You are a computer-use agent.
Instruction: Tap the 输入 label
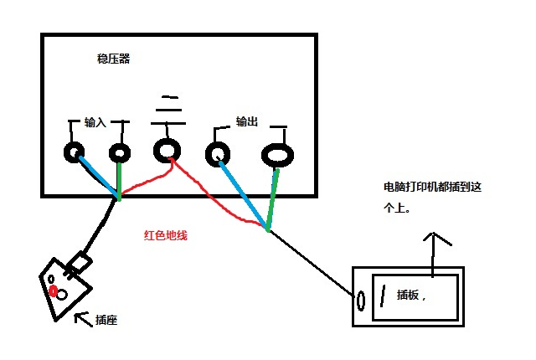pyautogui.click(x=95, y=122)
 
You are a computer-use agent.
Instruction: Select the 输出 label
pyautogui.click(x=247, y=121)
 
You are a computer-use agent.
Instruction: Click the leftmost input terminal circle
pyautogui.click(x=74, y=152)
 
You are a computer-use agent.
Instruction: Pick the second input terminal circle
pyautogui.click(x=120, y=153)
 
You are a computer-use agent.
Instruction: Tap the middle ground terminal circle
pyautogui.click(x=167, y=151)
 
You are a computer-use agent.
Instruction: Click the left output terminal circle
pyautogui.click(x=219, y=153)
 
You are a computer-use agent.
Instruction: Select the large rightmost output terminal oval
pyautogui.click(x=278, y=155)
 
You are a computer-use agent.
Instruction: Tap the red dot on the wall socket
pyautogui.click(x=54, y=291)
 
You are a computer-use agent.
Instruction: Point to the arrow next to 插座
pyautogui.click(x=83, y=317)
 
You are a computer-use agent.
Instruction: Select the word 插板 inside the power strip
pyautogui.click(x=411, y=295)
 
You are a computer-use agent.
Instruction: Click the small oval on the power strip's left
pyautogui.click(x=362, y=300)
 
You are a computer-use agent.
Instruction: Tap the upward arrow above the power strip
pyautogui.click(x=433, y=251)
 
